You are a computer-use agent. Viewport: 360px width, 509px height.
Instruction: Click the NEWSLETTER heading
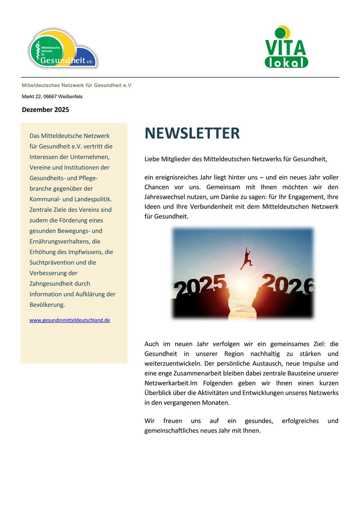[x=192, y=134]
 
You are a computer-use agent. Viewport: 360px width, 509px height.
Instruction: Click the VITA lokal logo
[x=286, y=48]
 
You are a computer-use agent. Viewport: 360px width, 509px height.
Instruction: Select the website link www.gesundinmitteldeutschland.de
[x=70, y=320]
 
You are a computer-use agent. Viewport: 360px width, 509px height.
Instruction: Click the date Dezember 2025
[x=45, y=109]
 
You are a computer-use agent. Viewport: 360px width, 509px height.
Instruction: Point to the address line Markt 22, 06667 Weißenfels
[x=52, y=97]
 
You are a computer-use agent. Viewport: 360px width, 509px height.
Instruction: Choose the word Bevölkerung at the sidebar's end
[x=47, y=305]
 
